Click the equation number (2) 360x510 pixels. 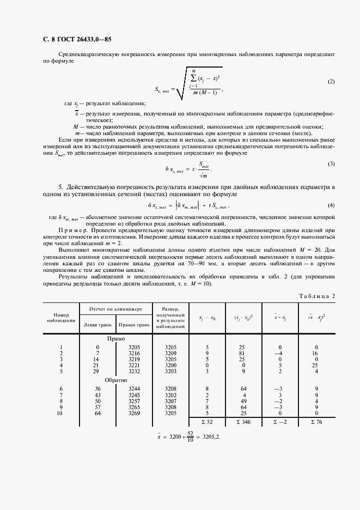[x=331, y=82]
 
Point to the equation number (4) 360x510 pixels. [x=331, y=205]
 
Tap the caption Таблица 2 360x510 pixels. [x=318, y=296]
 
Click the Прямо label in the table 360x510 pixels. [x=116, y=338]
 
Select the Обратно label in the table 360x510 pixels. [x=116, y=380]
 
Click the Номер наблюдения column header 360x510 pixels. [x=61, y=317]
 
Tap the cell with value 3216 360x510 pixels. [x=133, y=354]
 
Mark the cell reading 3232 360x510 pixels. [x=133, y=371]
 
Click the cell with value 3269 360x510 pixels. [x=133, y=413]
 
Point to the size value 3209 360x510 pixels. [x=171, y=354]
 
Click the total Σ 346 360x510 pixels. [x=243, y=422]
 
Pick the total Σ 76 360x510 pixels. [x=316, y=422]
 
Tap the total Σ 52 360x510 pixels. [x=207, y=422]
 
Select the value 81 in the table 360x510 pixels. [x=243, y=354]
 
